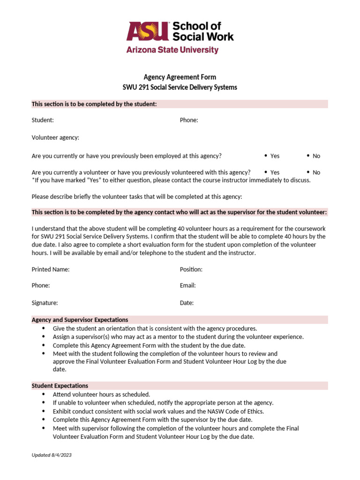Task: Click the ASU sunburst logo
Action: point(147,32)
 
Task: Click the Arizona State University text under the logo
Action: point(172,50)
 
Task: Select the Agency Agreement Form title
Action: point(180,77)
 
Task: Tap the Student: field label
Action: point(43,120)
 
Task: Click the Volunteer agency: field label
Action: point(55,137)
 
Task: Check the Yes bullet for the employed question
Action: point(266,156)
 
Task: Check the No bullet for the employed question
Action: point(308,156)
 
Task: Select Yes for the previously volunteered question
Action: point(266,172)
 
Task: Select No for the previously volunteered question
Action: point(308,172)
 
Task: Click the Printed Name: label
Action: point(51,270)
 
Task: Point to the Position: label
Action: point(191,270)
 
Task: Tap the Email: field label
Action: point(187,285)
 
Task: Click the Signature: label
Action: point(45,303)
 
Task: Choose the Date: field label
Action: point(187,303)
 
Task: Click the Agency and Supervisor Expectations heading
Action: point(80,320)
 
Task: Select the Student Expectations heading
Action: point(60,386)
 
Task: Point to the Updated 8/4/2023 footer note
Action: point(52,455)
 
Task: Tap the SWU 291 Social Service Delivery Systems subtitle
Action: point(180,87)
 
